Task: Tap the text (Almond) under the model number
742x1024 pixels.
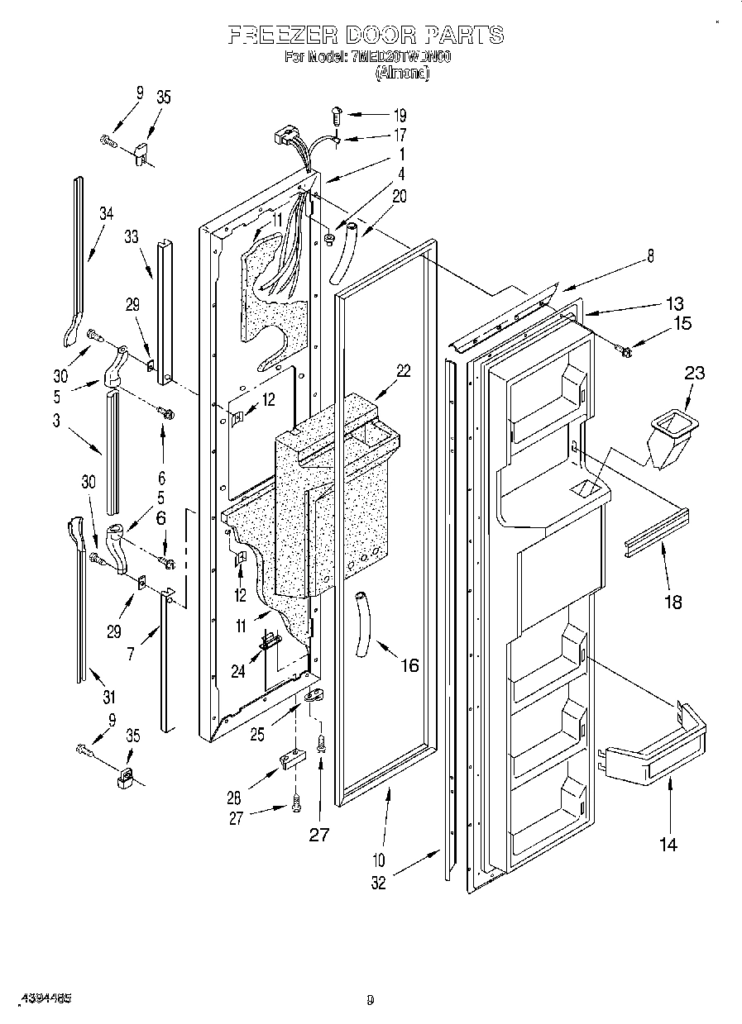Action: pyautogui.click(x=402, y=73)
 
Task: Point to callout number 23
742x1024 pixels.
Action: pyautogui.click(x=695, y=373)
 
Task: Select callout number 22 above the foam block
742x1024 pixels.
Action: pyautogui.click(x=403, y=371)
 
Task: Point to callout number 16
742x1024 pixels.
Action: pyautogui.click(x=409, y=664)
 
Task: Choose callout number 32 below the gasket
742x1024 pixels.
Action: pyautogui.click(x=378, y=882)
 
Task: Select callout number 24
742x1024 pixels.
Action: pyautogui.click(x=238, y=671)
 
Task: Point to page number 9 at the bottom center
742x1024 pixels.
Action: pyautogui.click(x=370, y=999)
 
